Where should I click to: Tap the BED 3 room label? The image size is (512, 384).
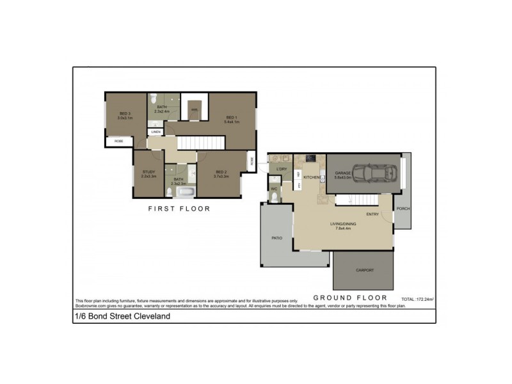(124, 114)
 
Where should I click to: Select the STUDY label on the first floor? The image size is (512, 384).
(149, 172)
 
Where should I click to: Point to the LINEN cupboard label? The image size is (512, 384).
(156, 132)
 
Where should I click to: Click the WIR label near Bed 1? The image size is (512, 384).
(194, 110)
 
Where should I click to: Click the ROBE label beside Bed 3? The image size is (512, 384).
(119, 141)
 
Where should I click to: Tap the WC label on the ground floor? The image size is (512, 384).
(273, 189)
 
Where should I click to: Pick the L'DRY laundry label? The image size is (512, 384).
(281, 169)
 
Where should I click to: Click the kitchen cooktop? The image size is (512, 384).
(310, 157)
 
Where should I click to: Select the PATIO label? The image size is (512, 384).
(276, 238)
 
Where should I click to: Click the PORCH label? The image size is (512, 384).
(403, 209)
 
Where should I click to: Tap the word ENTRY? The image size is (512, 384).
(372, 214)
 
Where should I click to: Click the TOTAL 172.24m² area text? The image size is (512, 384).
(417, 299)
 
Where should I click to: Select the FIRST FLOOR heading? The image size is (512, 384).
(179, 209)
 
